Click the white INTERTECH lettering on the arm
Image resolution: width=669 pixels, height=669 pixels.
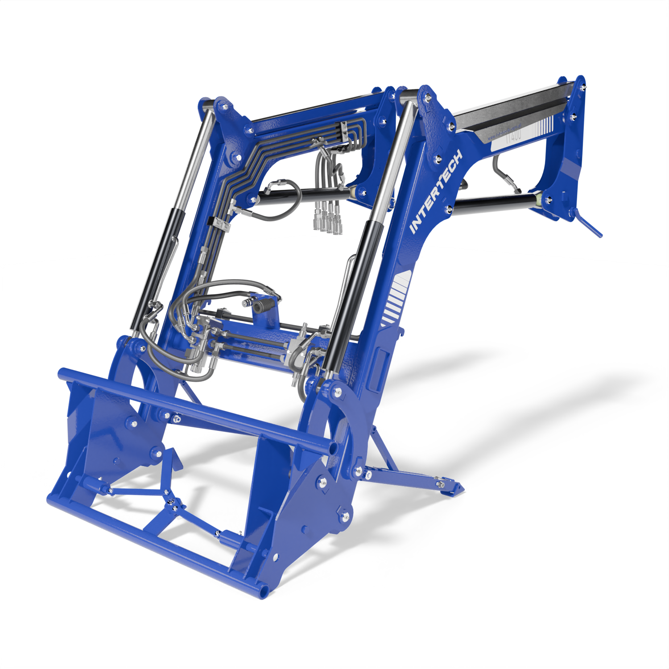[436, 192]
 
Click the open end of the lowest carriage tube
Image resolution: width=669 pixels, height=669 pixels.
[263, 591]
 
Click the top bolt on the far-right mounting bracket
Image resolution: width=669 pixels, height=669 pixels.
[582, 87]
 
